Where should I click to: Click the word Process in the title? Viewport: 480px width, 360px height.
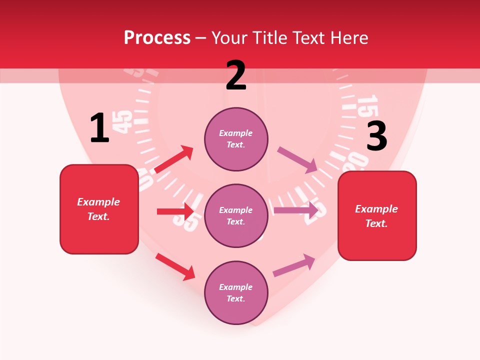coord(157,38)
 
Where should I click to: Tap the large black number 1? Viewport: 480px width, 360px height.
coord(99,128)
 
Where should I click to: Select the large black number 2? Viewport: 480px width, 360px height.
coord(236,75)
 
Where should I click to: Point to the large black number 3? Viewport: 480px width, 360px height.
coord(376,136)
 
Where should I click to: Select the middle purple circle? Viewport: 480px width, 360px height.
coord(236,215)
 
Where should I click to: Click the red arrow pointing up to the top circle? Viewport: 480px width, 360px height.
coord(174,159)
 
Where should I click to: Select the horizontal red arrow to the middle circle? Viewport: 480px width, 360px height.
coord(175,211)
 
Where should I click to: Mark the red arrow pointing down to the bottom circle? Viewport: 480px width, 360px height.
coord(175,266)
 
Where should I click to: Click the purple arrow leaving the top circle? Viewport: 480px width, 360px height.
coord(297,159)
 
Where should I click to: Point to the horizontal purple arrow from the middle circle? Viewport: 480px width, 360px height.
coord(296,210)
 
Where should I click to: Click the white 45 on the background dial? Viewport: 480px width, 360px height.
coord(124,122)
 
